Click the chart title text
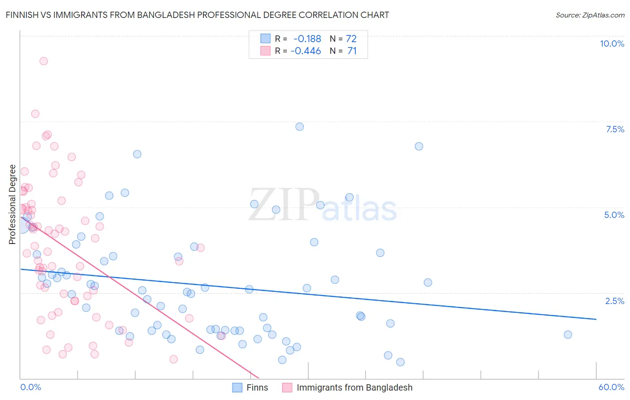197,15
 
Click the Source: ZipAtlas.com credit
590,15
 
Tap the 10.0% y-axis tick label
612,43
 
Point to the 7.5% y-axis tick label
615,129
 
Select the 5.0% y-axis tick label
614,215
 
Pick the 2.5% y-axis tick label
614,301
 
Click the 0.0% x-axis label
30,387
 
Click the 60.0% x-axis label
611,387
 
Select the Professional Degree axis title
12,204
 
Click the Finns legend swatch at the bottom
237,387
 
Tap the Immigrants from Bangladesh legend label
354,387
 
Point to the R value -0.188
307,39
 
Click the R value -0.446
306,51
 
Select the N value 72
351,39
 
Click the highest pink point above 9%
43,61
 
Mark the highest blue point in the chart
300,126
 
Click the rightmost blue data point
568,335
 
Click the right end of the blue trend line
596,319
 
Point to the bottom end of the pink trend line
259,378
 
